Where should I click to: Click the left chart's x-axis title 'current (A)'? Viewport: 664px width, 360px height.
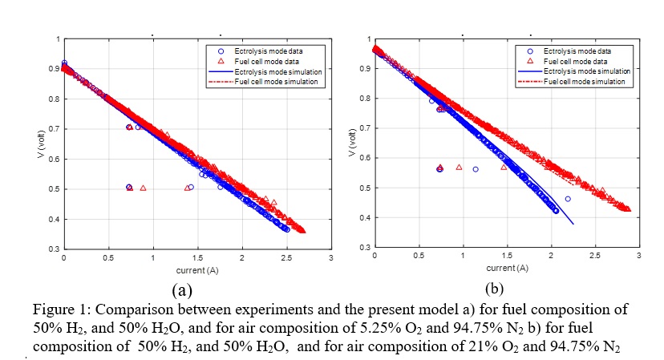pyautogui.click(x=196, y=268)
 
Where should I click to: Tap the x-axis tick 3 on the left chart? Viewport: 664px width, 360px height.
pyautogui.click(x=330, y=258)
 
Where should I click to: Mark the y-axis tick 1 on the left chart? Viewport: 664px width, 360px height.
pyautogui.click(x=57, y=38)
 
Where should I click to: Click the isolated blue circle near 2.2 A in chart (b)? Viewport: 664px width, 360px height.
pyautogui.click(x=568, y=199)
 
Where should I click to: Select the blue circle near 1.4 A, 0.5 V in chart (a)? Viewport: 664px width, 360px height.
pyautogui.click(x=191, y=187)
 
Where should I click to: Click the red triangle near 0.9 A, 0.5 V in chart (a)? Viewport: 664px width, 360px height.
pyautogui.click(x=143, y=188)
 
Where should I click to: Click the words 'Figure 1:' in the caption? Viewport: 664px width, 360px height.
pyautogui.click(x=56, y=309)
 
